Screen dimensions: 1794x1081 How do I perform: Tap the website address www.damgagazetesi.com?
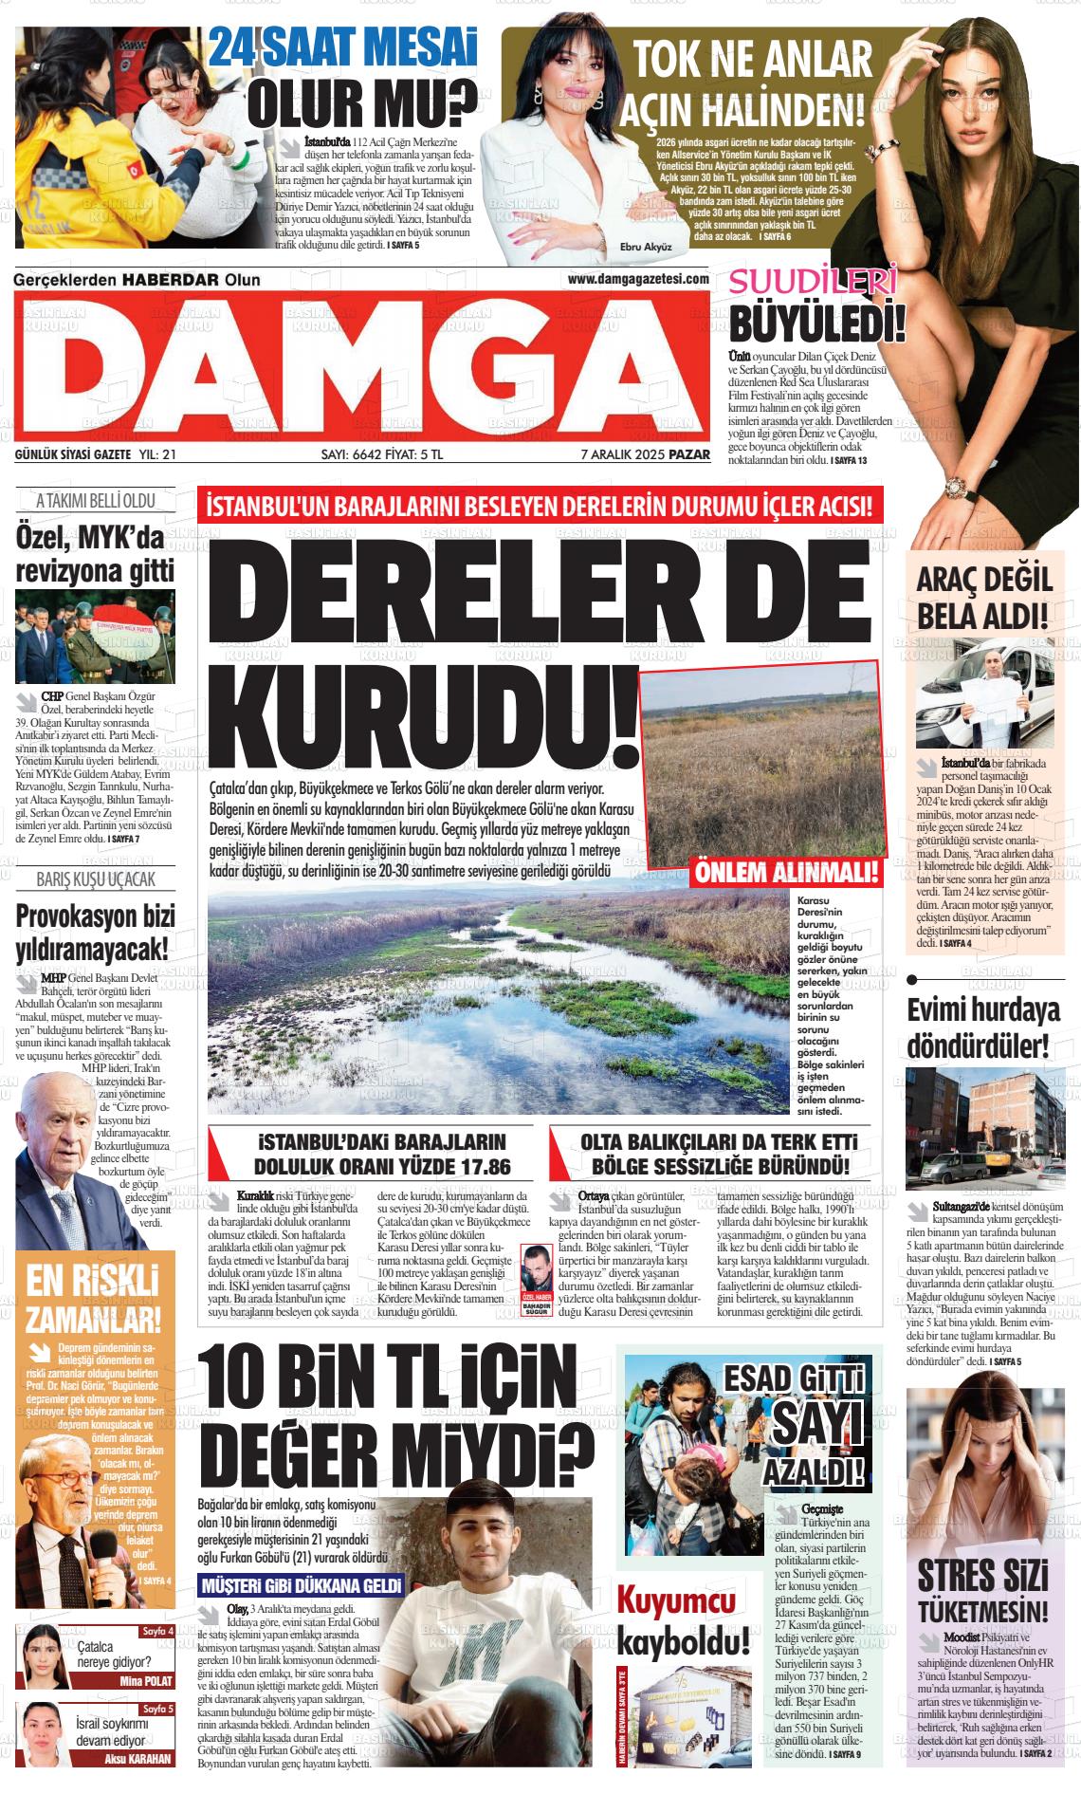(638, 279)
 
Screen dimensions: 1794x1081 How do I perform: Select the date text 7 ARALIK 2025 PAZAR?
(645, 454)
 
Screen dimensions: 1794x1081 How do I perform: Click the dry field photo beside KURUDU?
(762, 764)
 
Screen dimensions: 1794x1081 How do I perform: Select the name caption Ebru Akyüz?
(645, 247)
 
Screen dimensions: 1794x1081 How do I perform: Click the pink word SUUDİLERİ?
(813, 283)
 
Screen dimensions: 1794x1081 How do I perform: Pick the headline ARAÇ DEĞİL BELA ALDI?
(983, 597)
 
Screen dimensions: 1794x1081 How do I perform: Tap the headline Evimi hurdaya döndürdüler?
(983, 1028)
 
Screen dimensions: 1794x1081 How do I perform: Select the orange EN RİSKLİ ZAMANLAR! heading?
(93, 1299)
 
